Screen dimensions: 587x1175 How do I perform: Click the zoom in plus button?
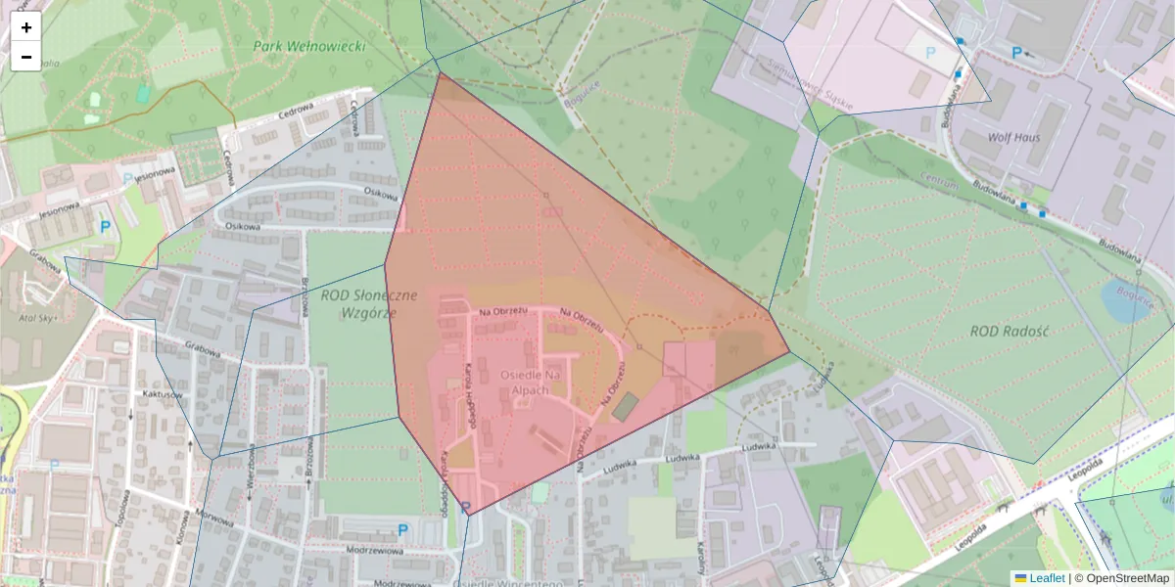coord(26,27)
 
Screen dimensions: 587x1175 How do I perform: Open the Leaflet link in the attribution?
coord(1046,578)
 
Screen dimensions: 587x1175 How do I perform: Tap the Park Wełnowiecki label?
coord(308,46)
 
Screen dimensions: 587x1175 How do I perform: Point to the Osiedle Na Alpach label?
coord(530,383)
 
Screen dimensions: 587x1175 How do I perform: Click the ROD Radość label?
coord(1010,332)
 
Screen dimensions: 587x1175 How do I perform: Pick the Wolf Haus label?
coord(1014,138)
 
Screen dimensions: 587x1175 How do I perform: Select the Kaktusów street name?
coord(163,394)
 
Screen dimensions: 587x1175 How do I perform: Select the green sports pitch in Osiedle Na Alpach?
coord(624,407)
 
